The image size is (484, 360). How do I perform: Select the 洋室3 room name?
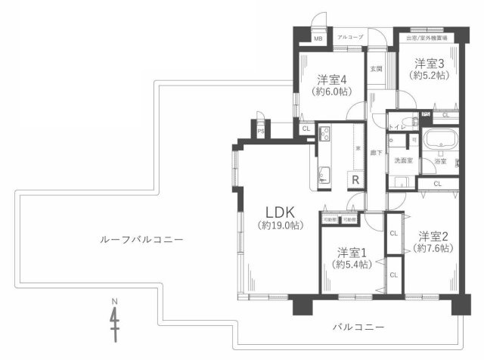(x=429, y=64)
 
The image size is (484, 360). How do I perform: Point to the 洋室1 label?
(x=352, y=252)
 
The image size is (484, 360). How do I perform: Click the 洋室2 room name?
(x=435, y=235)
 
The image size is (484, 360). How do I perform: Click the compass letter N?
(x=115, y=302)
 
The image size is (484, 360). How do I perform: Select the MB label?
(x=318, y=38)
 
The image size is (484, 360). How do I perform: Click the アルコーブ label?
(x=349, y=37)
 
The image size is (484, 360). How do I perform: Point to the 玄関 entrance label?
(x=376, y=68)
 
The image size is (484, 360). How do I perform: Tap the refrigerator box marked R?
(x=354, y=179)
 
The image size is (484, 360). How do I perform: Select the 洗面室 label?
(x=403, y=160)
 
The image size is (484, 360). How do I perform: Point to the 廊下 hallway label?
(x=374, y=151)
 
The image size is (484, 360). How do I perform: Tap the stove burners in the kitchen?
(x=324, y=135)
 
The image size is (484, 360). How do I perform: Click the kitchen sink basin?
(x=324, y=176)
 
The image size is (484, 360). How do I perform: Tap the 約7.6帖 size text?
(x=435, y=248)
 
